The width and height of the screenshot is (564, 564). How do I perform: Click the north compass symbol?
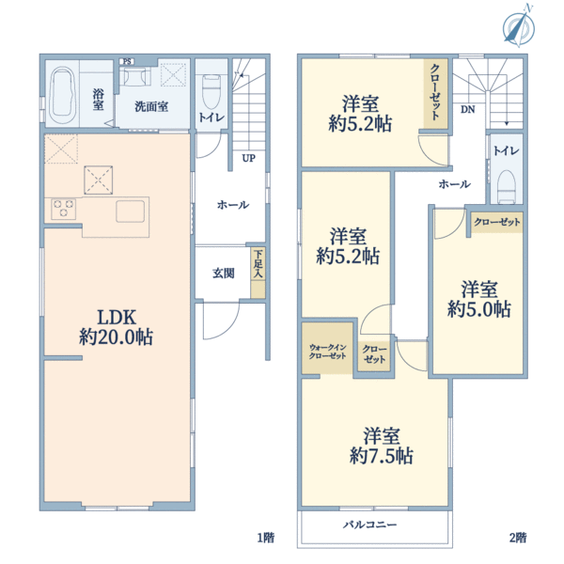pos(519,27)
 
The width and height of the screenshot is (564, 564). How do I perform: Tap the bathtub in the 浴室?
pos(62,95)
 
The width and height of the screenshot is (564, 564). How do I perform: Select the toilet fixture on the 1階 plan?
pos(211,91)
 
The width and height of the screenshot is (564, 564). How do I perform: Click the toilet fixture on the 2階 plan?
pos(507,186)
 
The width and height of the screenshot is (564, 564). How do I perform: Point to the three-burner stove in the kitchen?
pos(64,209)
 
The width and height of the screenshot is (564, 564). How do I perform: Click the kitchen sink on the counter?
pos(131,211)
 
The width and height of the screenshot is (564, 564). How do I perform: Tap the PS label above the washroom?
pos(127,61)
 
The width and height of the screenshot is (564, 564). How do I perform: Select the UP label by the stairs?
pos(248,158)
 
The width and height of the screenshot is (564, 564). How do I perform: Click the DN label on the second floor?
pos(467,109)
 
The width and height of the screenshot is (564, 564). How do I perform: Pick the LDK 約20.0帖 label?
pos(117,327)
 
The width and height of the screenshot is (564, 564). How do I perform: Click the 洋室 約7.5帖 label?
pos(382,446)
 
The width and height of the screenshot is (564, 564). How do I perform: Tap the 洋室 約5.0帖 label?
pos(479,299)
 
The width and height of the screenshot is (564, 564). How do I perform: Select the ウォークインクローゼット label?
pos(327,352)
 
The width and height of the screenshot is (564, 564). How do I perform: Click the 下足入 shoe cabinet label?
pos(258,263)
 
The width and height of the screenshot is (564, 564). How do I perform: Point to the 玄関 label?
pos(224,274)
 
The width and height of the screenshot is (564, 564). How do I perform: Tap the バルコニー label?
pos(369,525)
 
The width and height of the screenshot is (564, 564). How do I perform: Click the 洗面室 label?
pos(151,106)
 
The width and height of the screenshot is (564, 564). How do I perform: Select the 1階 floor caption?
pos(266,538)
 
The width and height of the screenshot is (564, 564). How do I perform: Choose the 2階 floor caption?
pos(518,538)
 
